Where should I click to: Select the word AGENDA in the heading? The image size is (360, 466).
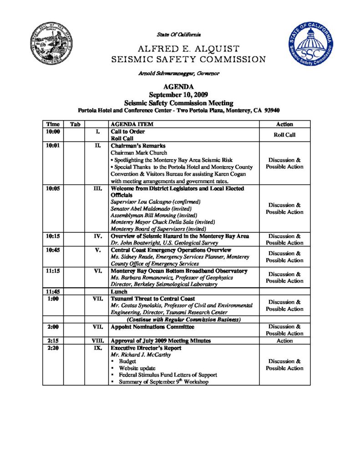coord(179,87)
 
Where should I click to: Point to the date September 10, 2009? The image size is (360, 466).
coord(179,95)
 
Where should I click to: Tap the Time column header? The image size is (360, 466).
coord(52,124)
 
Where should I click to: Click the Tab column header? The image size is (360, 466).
coord(75,124)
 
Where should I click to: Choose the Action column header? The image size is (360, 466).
coord(284,124)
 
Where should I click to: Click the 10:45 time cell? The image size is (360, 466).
coord(53,250)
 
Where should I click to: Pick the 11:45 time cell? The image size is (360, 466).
coord(53,292)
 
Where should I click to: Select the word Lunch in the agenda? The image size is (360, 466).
coord(119,292)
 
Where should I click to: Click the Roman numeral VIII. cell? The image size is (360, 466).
coord(97,340)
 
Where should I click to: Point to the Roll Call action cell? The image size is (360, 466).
coord(284,135)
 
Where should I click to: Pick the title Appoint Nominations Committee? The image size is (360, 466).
coord(152,327)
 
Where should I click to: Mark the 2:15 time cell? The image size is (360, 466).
coord(52,340)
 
